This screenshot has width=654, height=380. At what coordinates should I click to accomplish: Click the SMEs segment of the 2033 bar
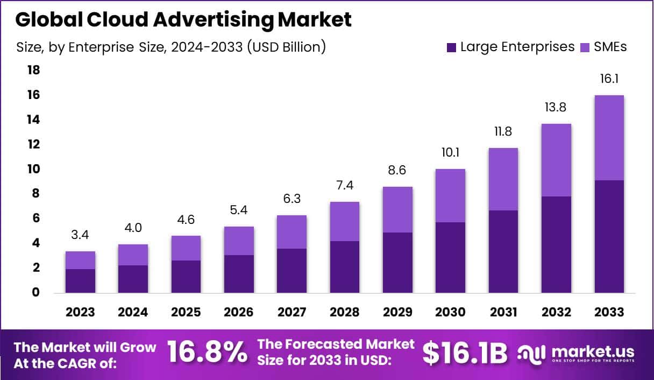609,138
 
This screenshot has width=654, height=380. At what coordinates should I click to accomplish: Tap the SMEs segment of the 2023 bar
80,260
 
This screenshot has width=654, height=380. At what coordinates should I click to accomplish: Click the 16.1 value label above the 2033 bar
609,79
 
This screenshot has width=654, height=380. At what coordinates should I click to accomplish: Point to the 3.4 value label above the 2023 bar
80,235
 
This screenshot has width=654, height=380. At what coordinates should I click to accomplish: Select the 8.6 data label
397,171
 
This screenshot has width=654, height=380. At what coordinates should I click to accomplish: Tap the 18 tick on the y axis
33,70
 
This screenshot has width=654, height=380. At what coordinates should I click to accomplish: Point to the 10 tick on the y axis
33,169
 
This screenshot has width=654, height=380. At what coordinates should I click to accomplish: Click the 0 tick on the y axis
36,293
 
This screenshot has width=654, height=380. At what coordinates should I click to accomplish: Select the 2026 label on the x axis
239,312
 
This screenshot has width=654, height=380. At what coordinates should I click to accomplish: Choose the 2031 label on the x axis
503,312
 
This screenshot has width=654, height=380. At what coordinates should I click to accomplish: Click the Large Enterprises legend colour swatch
451,47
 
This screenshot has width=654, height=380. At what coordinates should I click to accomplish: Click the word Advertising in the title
212,19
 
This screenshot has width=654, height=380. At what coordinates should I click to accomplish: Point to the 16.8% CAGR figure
207,353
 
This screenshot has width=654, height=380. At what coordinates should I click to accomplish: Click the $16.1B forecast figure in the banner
465,353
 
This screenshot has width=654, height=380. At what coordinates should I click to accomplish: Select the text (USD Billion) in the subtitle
286,47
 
